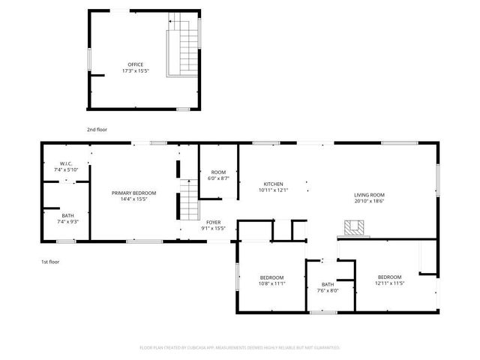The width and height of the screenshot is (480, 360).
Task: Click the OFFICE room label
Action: point(135,64)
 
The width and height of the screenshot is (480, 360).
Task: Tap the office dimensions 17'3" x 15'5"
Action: point(135,70)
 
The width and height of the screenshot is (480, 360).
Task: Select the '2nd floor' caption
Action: point(97,130)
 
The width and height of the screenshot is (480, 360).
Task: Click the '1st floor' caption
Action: point(50,262)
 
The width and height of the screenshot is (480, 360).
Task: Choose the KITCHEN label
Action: point(272,184)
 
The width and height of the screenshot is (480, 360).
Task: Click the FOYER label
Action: point(214,223)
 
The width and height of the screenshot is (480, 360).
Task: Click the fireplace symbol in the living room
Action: point(354,227)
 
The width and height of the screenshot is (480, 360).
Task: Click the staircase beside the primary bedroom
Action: point(187,204)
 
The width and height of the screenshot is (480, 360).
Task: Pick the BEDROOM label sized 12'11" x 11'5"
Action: point(389,280)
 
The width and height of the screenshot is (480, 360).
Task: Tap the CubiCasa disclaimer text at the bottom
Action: point(240,347)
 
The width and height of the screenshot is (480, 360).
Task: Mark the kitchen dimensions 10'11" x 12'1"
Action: point(272,190)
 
